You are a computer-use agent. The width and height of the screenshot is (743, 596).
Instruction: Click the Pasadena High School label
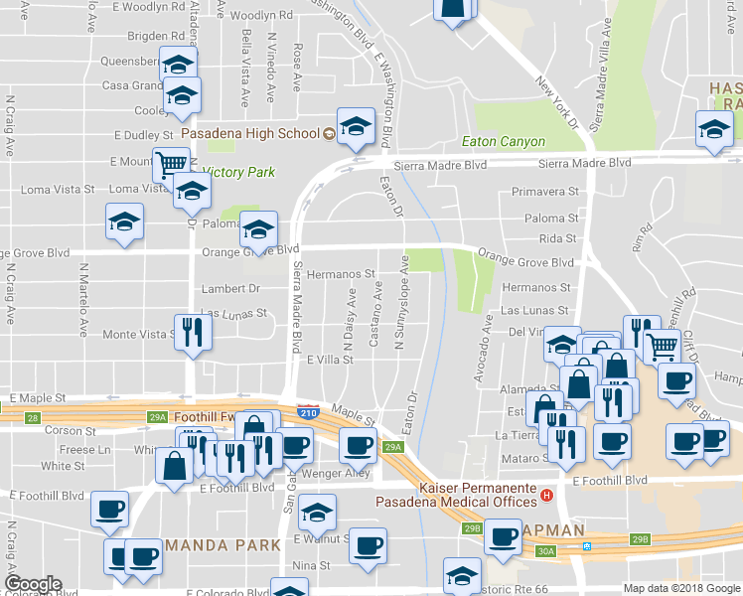pos(250,133)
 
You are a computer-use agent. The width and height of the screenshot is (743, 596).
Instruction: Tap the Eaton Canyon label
pos(504,142)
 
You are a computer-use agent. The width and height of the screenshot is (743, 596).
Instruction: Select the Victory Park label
pos(238,172)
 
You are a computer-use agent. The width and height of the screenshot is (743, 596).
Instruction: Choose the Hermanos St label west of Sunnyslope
pos(340,273)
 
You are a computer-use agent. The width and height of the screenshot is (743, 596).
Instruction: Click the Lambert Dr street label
pos(229,288)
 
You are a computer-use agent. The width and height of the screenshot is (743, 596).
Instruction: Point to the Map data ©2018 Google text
pos(680,588)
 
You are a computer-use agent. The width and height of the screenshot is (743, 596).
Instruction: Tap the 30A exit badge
pos(545,550)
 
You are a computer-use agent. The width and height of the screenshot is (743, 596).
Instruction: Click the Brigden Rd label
pos(142,36)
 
